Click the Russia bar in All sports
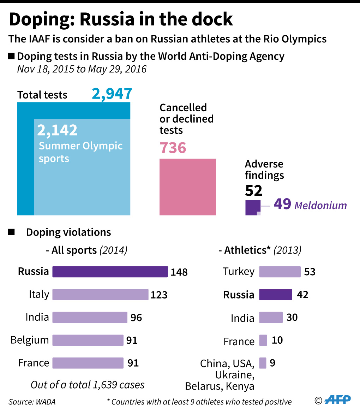point(110,272)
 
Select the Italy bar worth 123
point(100,295)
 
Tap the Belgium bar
point(88,340)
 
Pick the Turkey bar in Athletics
point(280,272)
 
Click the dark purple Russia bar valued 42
point(276,295)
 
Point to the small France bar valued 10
point(263,341)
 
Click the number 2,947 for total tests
point(112,94)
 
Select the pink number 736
point(173,147)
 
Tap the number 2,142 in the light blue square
point(57,130)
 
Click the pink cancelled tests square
point(188,187)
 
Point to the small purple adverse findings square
point(253,207)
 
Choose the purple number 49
point(282,204)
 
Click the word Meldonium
point(320,205)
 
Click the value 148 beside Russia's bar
point(179,272)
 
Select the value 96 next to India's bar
point(136,318)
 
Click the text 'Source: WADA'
point(32,402)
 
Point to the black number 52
point(254,191)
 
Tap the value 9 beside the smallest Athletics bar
point(272,363)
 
